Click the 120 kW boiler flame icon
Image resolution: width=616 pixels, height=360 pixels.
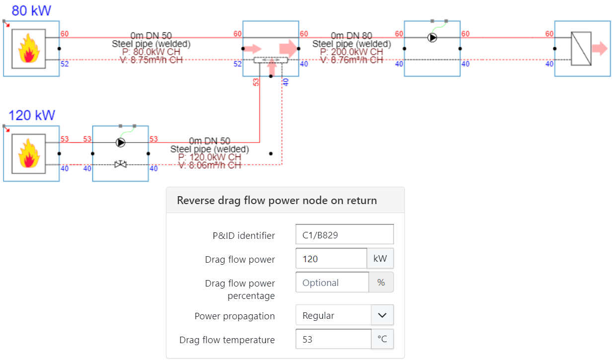point(28,153)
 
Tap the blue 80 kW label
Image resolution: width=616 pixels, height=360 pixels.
point(31,10)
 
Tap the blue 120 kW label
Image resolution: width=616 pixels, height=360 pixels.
point(32,116)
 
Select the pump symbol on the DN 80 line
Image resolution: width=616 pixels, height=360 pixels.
point(432,38)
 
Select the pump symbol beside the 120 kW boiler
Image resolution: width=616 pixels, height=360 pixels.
point(120,143)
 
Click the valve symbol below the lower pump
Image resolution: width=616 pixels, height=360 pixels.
point(120,164)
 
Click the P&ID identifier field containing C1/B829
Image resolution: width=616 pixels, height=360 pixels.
point(344,235)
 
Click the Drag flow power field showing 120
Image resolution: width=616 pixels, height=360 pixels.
point(331,259)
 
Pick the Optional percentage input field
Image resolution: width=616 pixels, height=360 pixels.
point(332,283)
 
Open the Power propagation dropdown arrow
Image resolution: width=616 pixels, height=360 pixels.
point(382,315)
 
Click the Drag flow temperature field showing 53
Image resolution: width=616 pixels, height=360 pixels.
point(333,340)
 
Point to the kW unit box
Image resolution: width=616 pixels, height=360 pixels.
point(380,259)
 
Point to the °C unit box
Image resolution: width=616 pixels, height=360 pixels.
point(382,340)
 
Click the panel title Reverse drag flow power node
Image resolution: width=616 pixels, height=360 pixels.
point(277,201)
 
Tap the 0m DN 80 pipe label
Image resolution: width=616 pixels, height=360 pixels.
point(351,36)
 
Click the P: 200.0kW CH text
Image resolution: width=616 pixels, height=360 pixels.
point(351,52)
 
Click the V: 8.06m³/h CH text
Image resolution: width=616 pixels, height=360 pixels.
point(210,165)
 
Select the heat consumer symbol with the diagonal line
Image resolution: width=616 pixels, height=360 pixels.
point(581,49)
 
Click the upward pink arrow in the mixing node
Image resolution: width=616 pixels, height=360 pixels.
point(271,69)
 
